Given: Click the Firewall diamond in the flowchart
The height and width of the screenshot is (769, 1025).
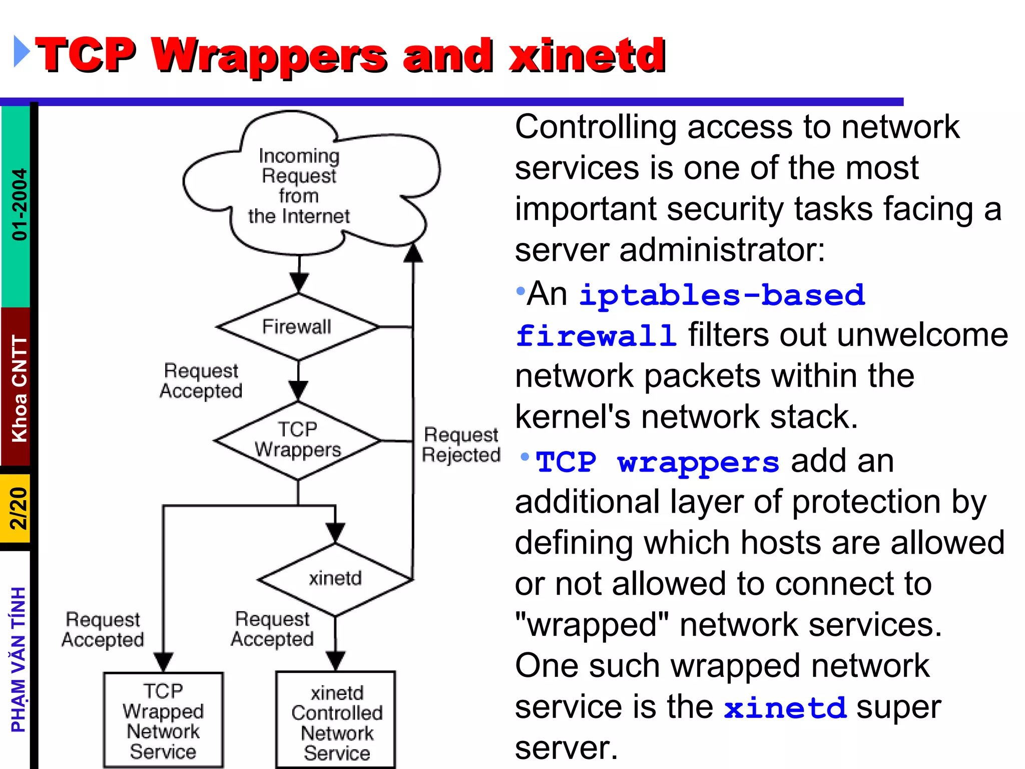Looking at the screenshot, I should tap(298, 327).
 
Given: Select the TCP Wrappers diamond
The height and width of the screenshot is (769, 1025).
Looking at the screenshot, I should tap(298, 440).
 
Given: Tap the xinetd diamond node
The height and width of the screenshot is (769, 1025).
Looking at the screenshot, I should tap(335, 579).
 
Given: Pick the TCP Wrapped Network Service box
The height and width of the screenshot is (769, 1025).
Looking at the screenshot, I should tap(163, 720).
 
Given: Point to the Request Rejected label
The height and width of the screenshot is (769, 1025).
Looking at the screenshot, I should tap(461, 445).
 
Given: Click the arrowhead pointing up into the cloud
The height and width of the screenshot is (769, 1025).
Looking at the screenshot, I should tap(413, 253).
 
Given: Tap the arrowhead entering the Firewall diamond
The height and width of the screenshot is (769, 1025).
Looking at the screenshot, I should tap(299, 283).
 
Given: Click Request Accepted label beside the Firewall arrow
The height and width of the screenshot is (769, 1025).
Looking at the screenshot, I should tap(201, 380).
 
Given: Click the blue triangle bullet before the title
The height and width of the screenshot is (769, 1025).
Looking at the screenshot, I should tap(21, 51).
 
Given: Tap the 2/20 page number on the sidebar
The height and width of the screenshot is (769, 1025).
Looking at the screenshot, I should tap(18, 508).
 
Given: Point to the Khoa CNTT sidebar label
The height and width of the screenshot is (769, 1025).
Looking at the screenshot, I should tap(19, 389).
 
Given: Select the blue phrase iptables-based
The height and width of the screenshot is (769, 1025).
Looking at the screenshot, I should tap(722, 295).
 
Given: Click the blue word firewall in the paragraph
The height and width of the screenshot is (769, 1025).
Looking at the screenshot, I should tap(596, 336).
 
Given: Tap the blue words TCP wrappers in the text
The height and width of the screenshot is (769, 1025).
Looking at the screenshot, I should tap(657, 462).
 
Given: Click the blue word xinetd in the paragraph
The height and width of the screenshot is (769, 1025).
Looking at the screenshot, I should tap(785, 708).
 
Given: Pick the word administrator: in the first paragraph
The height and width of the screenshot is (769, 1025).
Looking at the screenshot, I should tap(722, 250).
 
